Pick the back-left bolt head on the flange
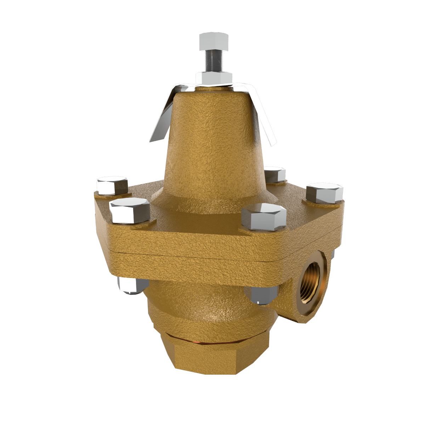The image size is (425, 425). [112, 185]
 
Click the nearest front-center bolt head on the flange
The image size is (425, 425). [263, 217]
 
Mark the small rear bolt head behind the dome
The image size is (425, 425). [275, 174]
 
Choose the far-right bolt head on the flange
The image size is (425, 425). [324, 193]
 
